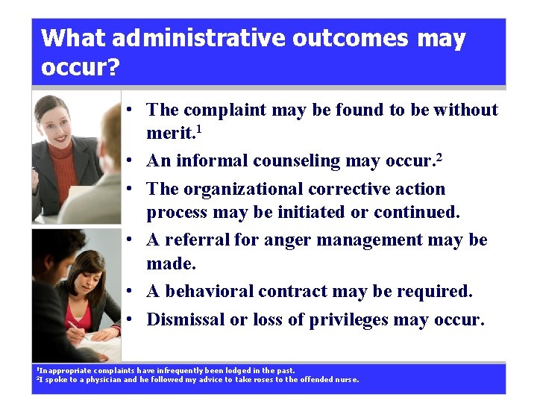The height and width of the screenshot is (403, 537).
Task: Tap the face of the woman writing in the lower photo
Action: (90, 273)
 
